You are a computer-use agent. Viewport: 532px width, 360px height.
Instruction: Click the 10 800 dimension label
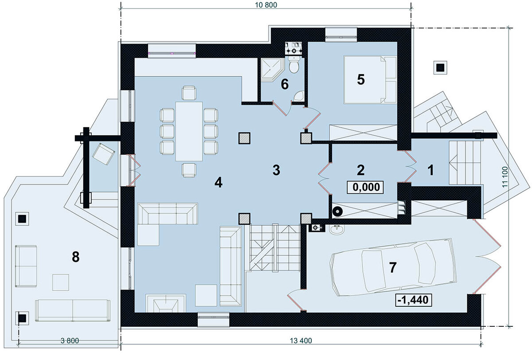pyautogui.click(x=266, y=5)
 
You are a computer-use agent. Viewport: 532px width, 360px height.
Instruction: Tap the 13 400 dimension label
pyautogui.click(x=301, y=341)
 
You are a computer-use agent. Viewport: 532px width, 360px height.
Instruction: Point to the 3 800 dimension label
pyautogui.click(x=70, y=341)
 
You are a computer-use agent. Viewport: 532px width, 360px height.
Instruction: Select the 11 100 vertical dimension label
pyautogui.click(x=505, y=177)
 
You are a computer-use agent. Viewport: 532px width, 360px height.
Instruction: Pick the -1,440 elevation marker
pyautogui.click(x=414, y=300)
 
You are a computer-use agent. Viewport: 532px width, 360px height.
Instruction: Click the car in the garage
pyautogui.click(x=393, y=267)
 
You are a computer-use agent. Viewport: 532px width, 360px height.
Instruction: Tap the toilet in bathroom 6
pyautogui.click(x=294, y=64)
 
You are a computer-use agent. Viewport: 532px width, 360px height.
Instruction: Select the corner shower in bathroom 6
pyautogui.click(x=273, y=70)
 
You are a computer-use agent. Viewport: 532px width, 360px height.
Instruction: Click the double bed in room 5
pyautogui.click(x=370, y=80)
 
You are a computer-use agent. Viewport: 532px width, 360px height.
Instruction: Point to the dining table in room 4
pyautogui.click(x=189, y=131)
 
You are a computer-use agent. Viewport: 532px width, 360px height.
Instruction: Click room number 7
pyautogui.click(x=393, y=268)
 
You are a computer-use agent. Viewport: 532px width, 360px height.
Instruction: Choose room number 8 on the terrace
pyautogui.click(x=75, y=257)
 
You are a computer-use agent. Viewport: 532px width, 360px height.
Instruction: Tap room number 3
pyautogui.click(x=276, y=170)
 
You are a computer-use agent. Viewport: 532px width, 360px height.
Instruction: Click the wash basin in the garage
pyautogui.click(x=336, y=229)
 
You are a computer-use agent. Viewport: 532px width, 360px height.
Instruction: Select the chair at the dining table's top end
pyautogui.click(x=189, y=93)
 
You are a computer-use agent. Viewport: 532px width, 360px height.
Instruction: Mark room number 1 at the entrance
pyautogui.click(x=430, y=170)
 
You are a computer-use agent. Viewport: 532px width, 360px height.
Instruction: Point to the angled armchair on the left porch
pyautogui.click(x=104, y=154)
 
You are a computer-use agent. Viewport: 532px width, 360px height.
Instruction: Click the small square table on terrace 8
pyautogui.click(x=61, y=282)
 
